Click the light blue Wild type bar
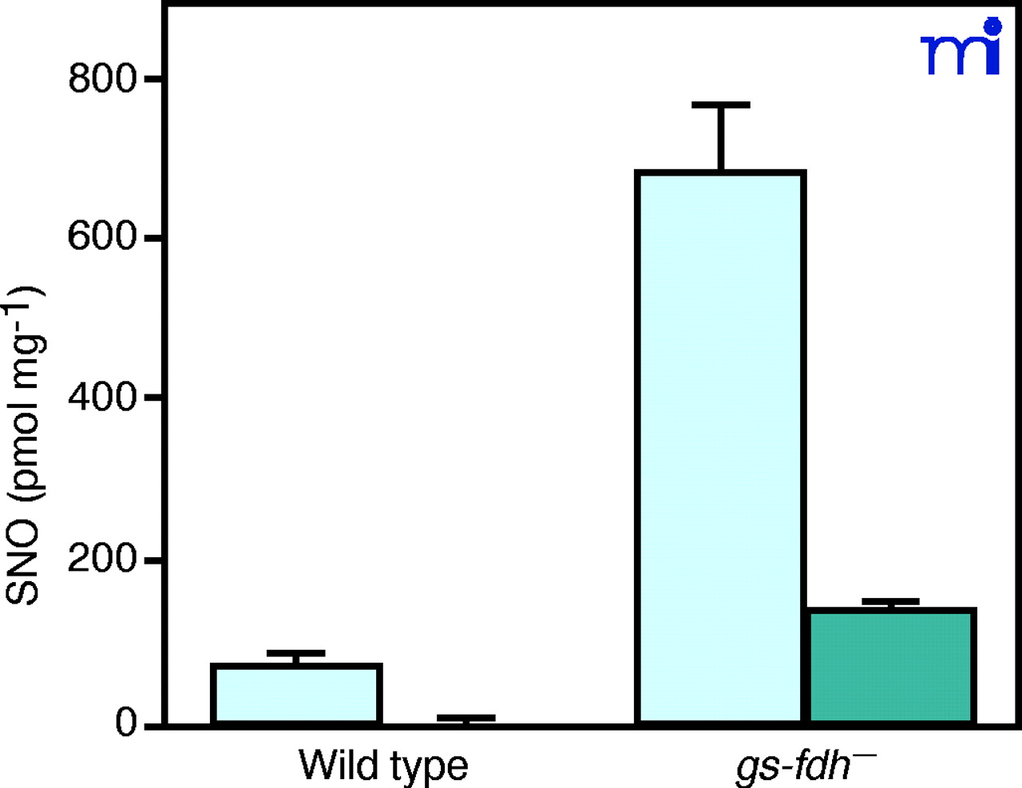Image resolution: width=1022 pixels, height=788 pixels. (296, 694)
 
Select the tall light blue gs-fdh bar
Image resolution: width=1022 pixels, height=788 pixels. (720, 447)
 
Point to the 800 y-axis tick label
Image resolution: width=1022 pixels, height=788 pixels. (102, 79)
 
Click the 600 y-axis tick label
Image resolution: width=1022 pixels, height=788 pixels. (102, 237)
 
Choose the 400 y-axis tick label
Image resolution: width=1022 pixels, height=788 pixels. (102, 397)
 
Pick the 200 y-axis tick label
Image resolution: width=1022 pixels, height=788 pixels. (102, 559)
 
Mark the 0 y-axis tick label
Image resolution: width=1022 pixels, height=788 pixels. (126, 723)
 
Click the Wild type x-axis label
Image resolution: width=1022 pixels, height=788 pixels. (383, 765)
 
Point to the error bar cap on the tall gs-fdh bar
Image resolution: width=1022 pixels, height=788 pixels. (721, 105)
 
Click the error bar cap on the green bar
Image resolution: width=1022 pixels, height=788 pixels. (891, 601)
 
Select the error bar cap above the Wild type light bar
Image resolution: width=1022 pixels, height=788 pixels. (296, 653)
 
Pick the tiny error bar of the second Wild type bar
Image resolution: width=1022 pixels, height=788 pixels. (466, 718)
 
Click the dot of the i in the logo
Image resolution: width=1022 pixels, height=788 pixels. (992, 26)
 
